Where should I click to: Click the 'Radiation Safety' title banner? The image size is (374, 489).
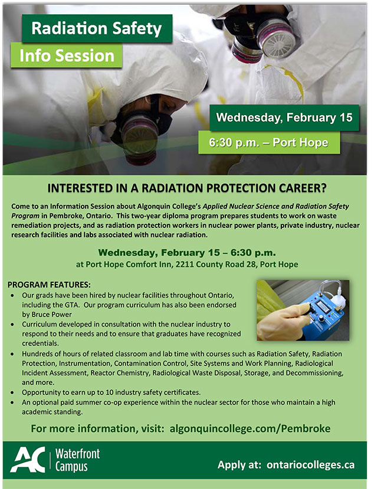pos(97,28)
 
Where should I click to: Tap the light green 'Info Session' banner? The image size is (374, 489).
pos(66,56)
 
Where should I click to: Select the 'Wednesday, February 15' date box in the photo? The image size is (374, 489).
pos(284,117)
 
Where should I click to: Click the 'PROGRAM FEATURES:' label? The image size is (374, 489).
pos(49,284)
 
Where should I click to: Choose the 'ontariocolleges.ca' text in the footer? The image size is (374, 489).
pos(311,464)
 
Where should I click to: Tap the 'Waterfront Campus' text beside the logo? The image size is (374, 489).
pos(77,461)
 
